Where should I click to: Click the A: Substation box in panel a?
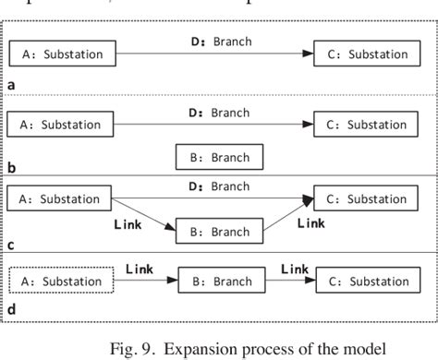point(62,54)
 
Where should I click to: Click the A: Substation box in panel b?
point(62,125)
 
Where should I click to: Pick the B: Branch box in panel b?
point(220,159)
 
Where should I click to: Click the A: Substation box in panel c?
point(62,198)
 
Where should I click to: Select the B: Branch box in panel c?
point(220,231)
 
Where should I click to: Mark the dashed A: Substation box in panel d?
point(62,281)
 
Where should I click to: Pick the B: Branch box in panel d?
point(220,281)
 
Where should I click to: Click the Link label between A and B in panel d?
point(139,268)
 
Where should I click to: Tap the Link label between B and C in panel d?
point(294,268)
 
